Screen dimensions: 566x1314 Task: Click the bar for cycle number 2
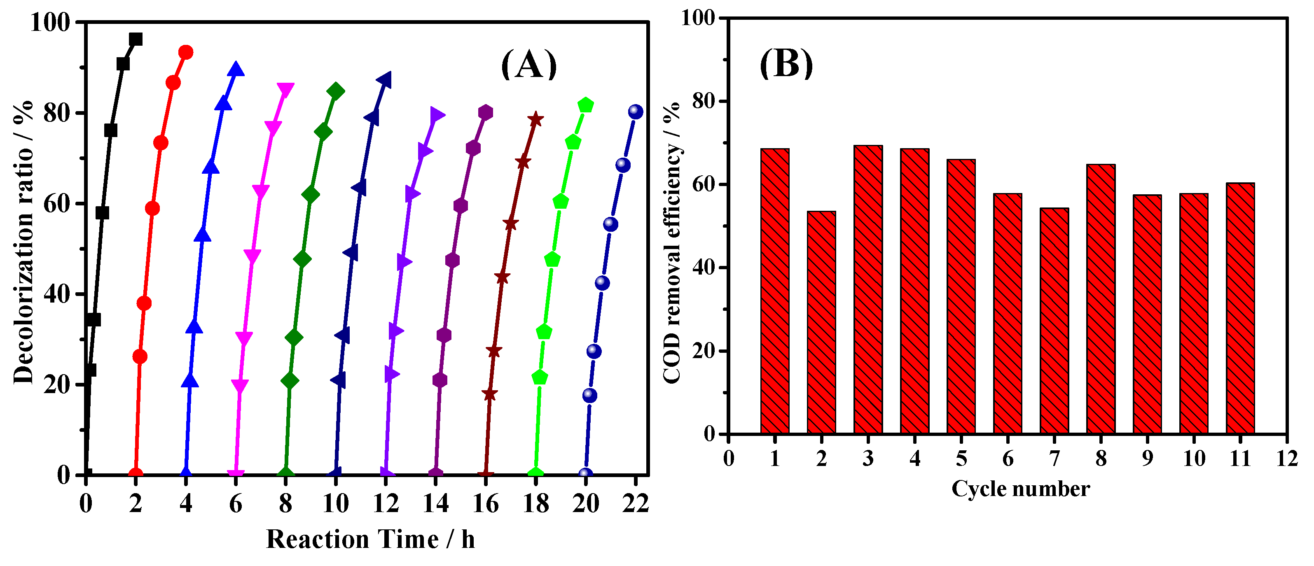coord(821,322)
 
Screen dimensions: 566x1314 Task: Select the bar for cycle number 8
coord(1101,299)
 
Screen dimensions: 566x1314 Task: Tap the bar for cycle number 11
coord(1240,308)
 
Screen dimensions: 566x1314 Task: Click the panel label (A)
coord(528,65)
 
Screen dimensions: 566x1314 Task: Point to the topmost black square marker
coord(136,39)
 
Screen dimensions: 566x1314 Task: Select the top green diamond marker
coord(335,92)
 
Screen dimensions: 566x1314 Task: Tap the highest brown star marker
coord(535,120)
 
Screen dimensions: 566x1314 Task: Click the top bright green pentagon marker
coord(586,105)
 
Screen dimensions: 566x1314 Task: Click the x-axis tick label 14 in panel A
coord(436,504)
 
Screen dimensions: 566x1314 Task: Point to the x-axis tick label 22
coord(636,504)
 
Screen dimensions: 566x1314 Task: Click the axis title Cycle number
coord(1021,489)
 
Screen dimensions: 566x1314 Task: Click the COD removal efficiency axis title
coord(672,242)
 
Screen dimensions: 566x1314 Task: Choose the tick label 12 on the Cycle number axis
coord(1286,459)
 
